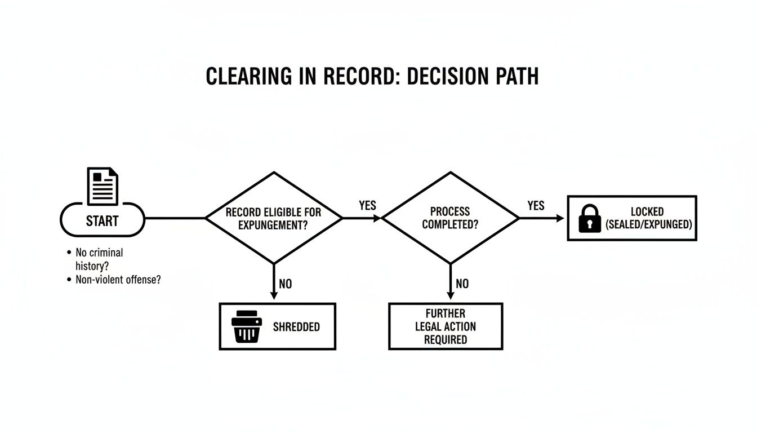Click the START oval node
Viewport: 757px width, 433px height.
pos(102,219)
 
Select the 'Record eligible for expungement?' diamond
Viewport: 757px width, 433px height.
pos(274,218)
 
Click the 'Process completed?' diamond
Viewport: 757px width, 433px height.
pos(450,218)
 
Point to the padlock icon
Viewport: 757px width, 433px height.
pos(590,219)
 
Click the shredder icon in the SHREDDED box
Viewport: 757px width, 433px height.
pos(246,326)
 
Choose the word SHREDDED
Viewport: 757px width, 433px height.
pos(296,327)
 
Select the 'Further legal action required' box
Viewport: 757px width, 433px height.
pos(446,326)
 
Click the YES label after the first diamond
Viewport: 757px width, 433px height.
pos(367,206)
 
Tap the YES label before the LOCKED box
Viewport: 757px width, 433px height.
pos(536,206)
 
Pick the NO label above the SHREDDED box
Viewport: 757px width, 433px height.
pos(286,284)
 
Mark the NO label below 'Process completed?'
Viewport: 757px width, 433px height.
pos(462,284)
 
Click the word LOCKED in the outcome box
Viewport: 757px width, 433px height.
pos(647,212)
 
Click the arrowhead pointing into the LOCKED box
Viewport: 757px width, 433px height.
pos(560,218)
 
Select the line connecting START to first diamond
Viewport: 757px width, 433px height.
pos(175,218)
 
